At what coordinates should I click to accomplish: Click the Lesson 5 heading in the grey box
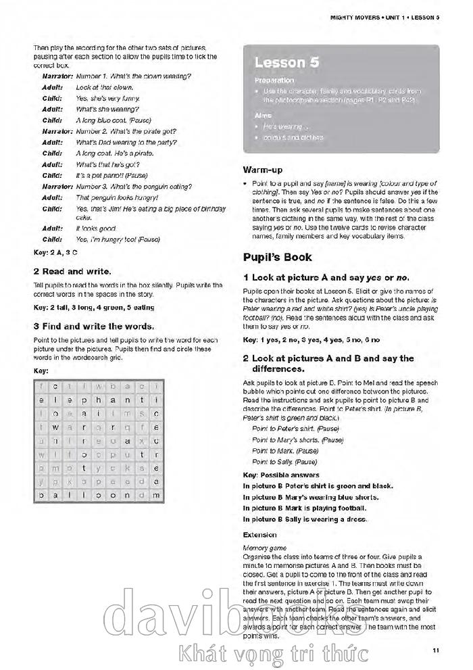[287, 63]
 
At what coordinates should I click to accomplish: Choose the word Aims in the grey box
[262, 116]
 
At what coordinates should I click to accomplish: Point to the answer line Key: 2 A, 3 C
[56, 252]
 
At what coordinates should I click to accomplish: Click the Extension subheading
[259, 535]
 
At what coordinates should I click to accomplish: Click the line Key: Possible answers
[281, 475]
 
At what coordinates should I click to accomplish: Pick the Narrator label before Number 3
[57, 187]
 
